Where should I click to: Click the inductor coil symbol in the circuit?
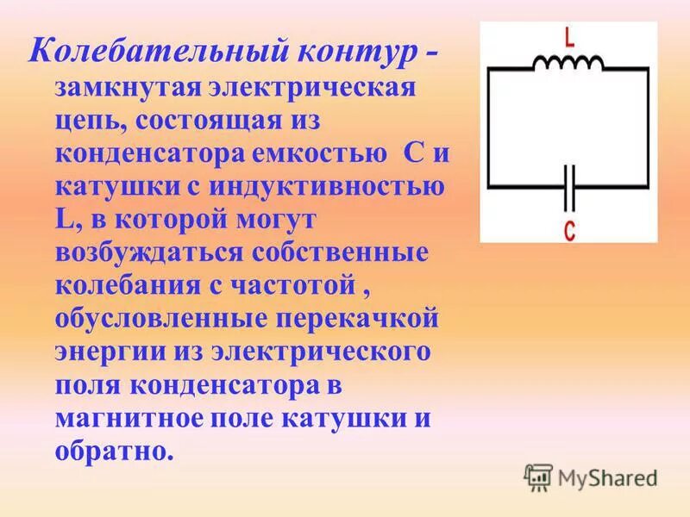568,62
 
